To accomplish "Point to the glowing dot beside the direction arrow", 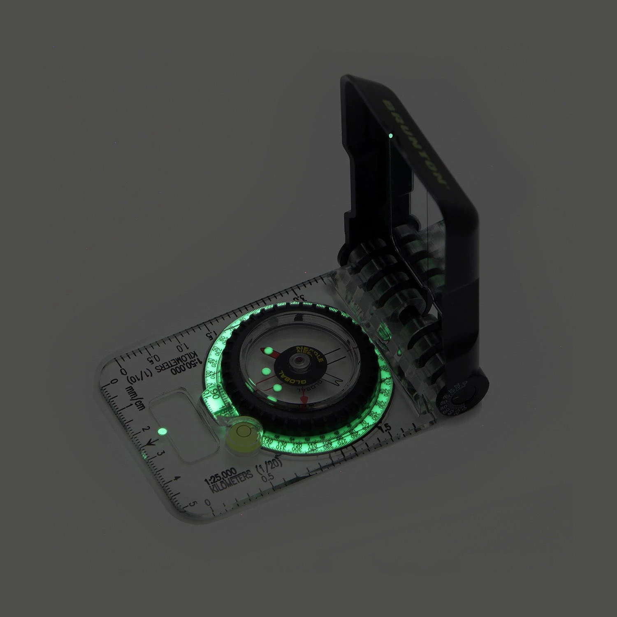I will click(162, 431).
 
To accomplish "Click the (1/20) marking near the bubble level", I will click(264, 468).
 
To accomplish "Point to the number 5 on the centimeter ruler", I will click(192, 504).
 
